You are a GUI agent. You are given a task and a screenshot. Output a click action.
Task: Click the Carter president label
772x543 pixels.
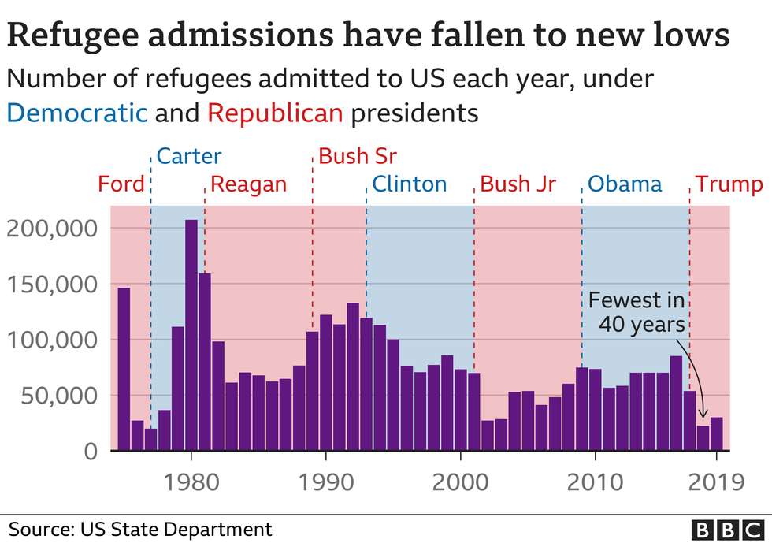pos(189,156)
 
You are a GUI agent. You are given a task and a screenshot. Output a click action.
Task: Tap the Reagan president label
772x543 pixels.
pos(249,185)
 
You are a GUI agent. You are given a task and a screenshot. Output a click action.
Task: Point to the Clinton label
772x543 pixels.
pos(409,185)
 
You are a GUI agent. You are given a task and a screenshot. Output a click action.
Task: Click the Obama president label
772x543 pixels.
pos(625,185)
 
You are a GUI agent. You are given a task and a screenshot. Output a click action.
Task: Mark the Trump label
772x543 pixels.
pos(729,185)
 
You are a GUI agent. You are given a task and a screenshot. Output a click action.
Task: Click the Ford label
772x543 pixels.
pos(121,185)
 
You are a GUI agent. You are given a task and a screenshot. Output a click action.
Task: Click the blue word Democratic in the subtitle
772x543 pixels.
pos(77,113)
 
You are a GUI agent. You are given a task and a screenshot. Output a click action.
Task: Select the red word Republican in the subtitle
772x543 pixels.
pos(276,113)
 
